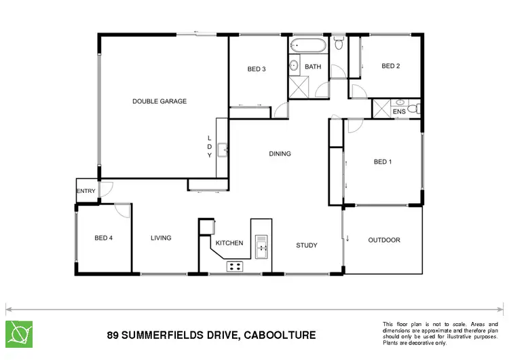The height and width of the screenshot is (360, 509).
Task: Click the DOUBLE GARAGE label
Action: pos(159,101)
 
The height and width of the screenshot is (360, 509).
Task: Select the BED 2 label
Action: pos(391,66)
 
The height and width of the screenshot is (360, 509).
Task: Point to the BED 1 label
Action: pos(383,162)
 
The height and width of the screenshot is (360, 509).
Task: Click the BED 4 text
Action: pos(104,238)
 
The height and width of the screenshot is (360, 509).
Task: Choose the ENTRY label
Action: pos(86,191)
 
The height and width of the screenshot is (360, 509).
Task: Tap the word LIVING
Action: pos(161,238)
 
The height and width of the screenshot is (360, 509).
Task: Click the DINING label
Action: pos(280,154)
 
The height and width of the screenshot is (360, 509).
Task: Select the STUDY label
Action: pos(307,245)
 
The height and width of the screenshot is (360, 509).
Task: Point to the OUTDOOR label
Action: pos(384,240)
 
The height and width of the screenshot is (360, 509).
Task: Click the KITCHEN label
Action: pos(229,242)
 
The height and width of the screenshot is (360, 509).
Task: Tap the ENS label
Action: pos(399,111)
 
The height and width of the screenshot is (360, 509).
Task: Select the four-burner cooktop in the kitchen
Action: pos(235,266)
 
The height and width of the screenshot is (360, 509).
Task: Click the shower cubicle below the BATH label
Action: pos(299,88)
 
